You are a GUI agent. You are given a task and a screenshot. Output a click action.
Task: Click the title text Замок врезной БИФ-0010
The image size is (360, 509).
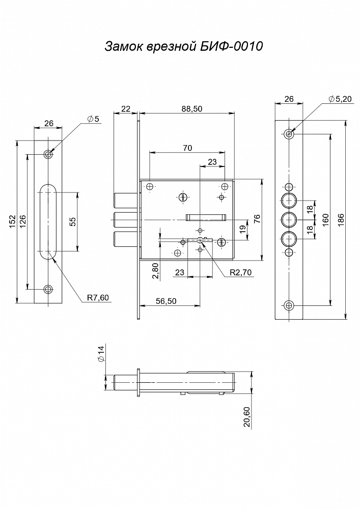click(183, 46)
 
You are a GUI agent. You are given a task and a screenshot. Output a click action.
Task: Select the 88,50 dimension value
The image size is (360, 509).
click(192, 109)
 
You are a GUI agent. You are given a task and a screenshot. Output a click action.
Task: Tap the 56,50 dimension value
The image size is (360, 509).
click(166, 301)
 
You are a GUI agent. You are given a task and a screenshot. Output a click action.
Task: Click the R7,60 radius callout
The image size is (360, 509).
click(98, 297)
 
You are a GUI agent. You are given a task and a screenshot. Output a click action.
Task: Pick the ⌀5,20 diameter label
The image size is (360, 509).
click(340, 99)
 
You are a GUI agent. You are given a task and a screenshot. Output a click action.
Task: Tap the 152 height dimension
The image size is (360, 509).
click(12, 222)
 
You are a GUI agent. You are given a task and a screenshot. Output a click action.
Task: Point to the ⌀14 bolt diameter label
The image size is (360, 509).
click(101, 354)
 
